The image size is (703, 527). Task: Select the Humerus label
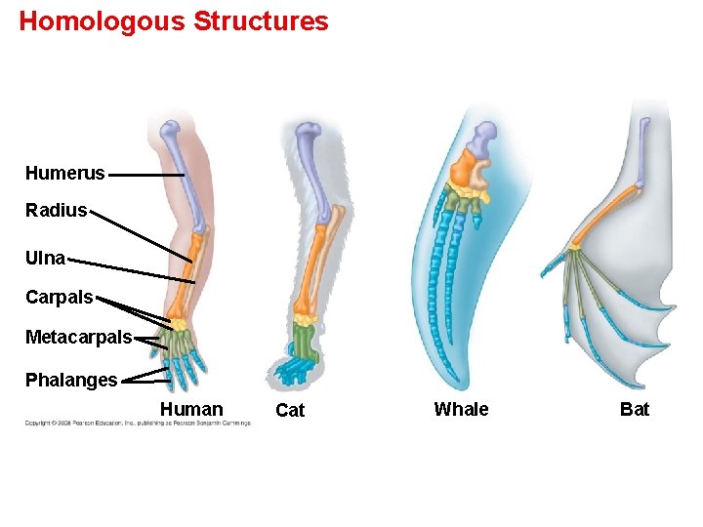[x=64, y=174]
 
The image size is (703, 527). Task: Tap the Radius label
[x=56, y=211]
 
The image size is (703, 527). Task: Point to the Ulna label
[x=46, y=259]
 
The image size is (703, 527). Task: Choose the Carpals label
[x=59, y=298]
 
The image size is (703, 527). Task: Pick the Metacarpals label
[x=78, y=338]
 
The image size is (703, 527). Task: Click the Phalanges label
[x=71, y=380]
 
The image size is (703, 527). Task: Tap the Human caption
[x=191, y=410]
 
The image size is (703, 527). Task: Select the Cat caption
[x=290, y=411]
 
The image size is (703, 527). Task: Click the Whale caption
[x=461, y=410]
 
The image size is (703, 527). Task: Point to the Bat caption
[x=635, y=410]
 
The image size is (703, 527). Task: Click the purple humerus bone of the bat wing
[x=641, y=156]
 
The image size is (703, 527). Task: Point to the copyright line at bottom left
[x=137, y=424]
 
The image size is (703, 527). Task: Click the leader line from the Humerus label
[x=146, y=175]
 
